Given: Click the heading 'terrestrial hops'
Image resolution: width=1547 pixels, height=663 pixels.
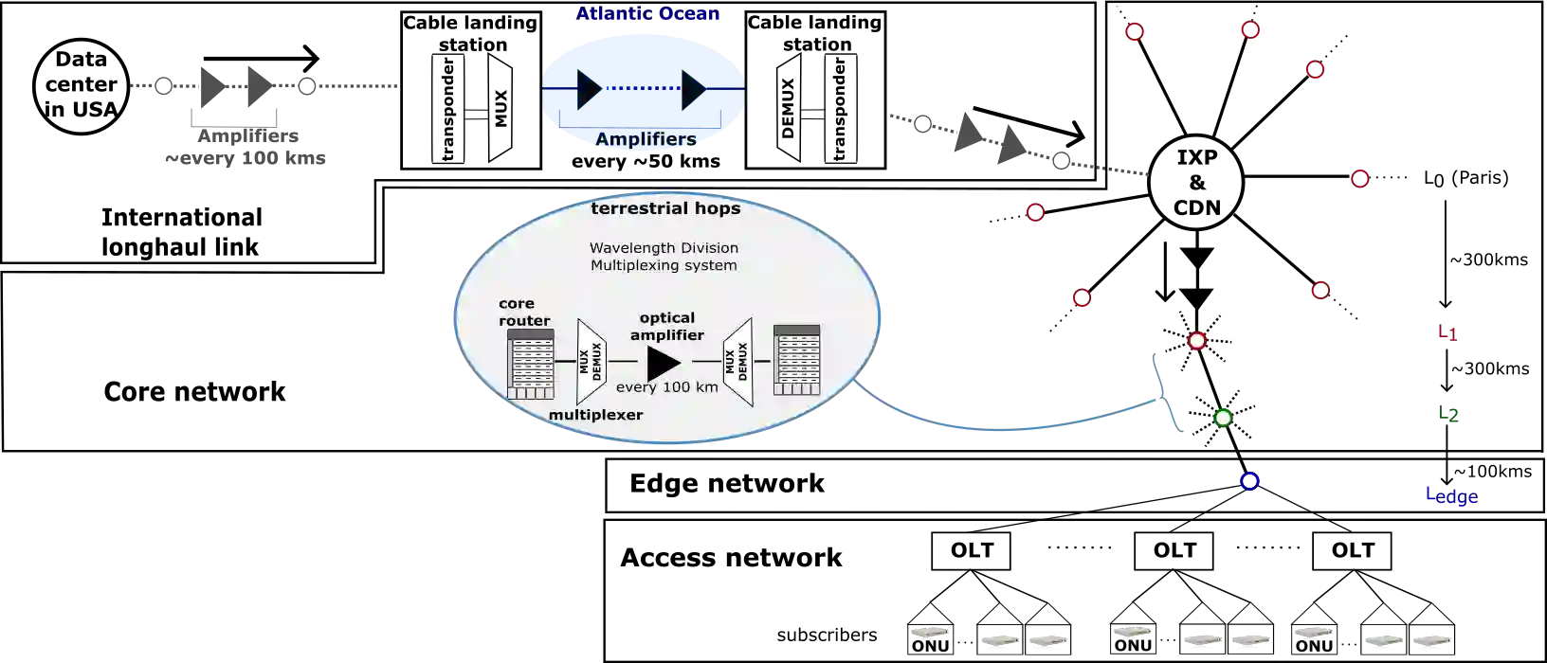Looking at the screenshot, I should [665, 208].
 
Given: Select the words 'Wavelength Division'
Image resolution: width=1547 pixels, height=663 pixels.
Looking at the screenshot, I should [664, 248].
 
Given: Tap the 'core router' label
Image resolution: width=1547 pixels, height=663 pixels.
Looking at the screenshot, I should [524, 312].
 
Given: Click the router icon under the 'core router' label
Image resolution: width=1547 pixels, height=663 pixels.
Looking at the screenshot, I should [531, 364].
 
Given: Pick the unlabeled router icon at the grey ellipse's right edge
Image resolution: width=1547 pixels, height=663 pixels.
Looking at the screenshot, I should [796, 360].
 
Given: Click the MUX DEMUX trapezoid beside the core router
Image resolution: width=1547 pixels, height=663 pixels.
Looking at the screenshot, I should [591, 363].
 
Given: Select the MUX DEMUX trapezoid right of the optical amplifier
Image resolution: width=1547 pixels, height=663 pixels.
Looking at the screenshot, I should [737, 362].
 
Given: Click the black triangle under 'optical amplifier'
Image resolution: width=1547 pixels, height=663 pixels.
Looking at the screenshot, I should [664, 363].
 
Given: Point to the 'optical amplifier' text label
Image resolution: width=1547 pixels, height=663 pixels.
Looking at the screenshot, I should [667, 326].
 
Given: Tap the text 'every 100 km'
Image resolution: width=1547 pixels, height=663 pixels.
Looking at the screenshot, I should [666, 387].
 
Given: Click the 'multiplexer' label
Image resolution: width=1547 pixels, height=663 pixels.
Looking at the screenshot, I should [596, 415].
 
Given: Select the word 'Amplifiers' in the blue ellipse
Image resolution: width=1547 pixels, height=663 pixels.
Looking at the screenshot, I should [646, 140].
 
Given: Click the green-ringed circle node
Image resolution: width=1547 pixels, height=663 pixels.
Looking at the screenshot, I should [1224, 418].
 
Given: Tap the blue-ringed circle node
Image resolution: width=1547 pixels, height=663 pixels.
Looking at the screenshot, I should [1250, 480].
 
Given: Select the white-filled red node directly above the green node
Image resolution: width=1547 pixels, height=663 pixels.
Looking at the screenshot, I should [1197, 341].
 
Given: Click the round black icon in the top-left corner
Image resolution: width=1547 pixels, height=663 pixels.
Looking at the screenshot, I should [82, 85].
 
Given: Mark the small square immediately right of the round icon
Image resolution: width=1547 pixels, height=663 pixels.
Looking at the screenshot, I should [163, 87].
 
